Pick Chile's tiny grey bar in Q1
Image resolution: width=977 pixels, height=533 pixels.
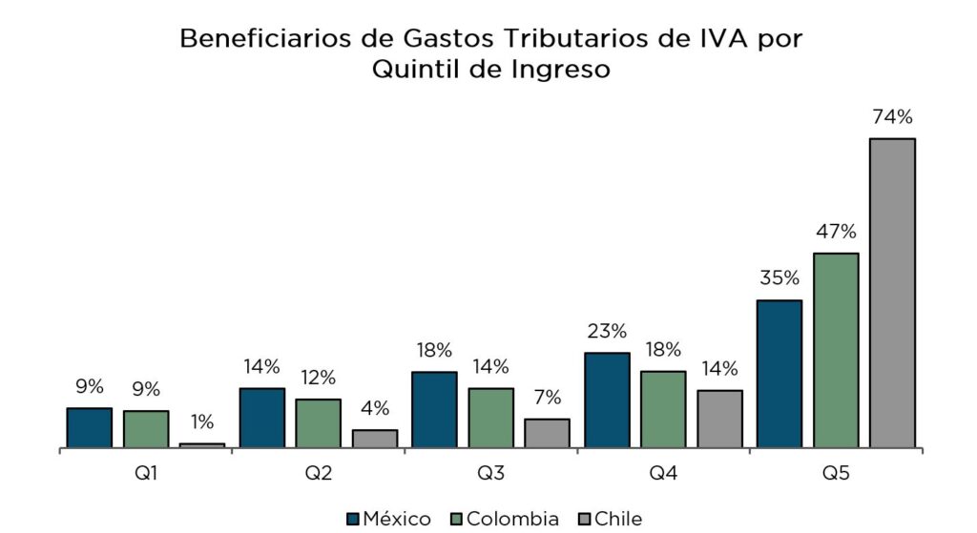[x=202, y=444]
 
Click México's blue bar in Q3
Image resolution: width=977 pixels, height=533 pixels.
[x=434, y=409]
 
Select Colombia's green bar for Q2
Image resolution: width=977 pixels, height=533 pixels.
[x=318, y=422]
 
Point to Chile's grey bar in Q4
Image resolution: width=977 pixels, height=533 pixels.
[x=719, y=418]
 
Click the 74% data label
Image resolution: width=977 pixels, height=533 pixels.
[x=892, y=118]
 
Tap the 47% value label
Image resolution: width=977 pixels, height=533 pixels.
[x=836, y=232]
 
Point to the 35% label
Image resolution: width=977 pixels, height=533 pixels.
[x=779, y=279]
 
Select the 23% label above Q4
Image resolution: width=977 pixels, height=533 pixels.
[x=607, y=332]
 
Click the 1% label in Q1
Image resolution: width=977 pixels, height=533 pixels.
[x=202, y=422]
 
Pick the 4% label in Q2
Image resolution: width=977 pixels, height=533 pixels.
[x=375, y=408]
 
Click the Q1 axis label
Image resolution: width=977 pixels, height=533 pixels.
[x=146, y=473]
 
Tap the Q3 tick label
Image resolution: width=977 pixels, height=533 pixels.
[x=490, y=473]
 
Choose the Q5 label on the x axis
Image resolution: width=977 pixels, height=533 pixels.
[x=835, y=473]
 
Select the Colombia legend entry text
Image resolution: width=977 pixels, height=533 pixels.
[x=512, y=519]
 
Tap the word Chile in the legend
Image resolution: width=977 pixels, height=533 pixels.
[x=618, y=519]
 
